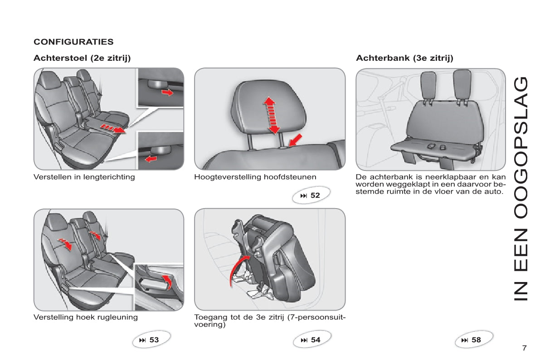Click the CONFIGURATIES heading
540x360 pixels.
[73, 42]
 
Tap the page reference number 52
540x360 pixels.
[315, 195]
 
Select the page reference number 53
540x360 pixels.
[154, 340]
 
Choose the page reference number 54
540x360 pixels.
[316, 340]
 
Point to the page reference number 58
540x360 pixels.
[476, 340]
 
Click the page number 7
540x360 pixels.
[524, 348]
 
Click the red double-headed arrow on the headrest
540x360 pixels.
[272, 115]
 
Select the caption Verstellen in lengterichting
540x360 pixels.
[84, 177]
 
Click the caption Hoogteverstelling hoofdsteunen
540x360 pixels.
[255, 177]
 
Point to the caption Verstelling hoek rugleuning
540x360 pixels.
[85, 317]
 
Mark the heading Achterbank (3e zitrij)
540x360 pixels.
[404, 58]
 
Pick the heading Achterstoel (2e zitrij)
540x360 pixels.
[82, 58]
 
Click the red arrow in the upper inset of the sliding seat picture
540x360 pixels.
[168, 92]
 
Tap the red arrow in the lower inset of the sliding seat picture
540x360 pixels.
[151, 159]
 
